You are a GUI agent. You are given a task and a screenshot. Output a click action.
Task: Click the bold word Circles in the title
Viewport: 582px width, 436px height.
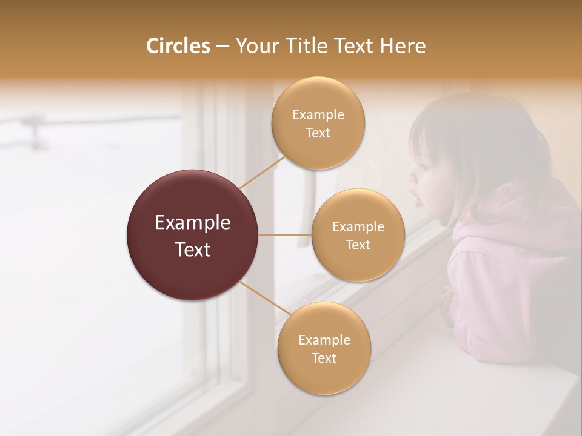pos(178,46)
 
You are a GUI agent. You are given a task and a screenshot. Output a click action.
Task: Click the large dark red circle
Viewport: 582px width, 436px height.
pos(193,235)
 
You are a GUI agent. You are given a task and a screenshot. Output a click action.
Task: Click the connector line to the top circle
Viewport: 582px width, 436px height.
pos(262,173)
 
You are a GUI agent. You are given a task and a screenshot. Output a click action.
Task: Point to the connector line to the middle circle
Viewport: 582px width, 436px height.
pos(285,235)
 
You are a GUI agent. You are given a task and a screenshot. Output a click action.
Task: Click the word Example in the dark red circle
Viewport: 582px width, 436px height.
pos(193,223)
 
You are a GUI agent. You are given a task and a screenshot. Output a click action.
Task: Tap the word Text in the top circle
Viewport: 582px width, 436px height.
pos(318,133)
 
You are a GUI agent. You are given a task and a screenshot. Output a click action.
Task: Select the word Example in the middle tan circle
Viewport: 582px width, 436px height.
pos(358,227)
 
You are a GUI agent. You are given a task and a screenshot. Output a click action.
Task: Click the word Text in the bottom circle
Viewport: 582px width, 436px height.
pos(324,358)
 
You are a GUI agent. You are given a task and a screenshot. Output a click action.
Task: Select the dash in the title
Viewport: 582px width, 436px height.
pos(222,47)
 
